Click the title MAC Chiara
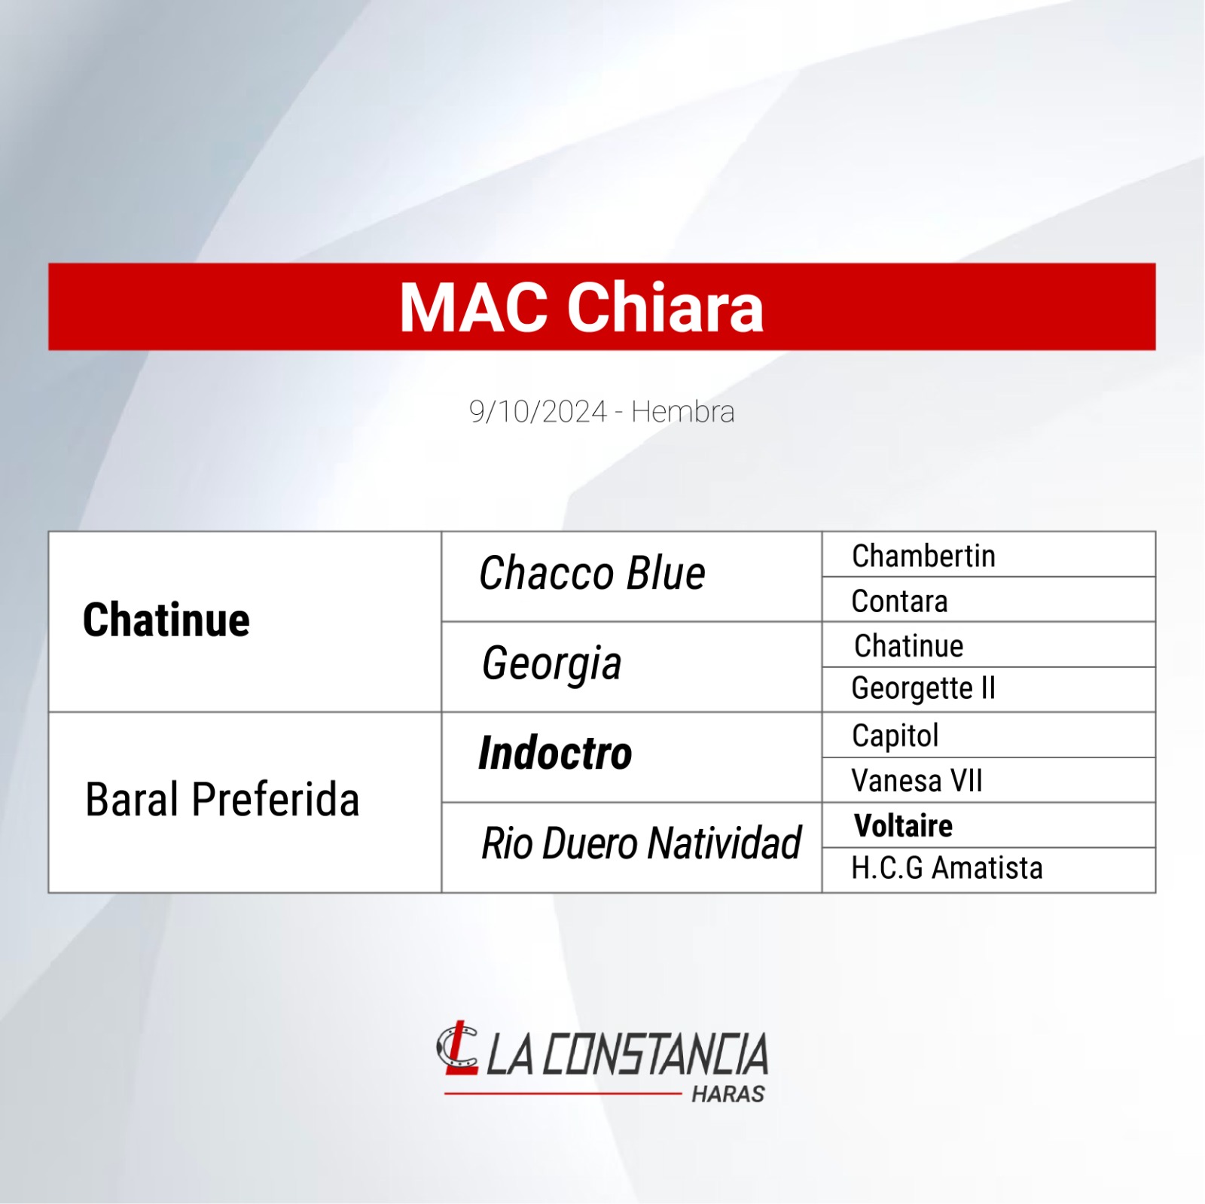click(x=581, y=307)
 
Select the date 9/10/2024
click(x=538, y=412)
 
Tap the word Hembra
click(x=682, y=412)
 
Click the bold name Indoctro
click(x=555, y=753)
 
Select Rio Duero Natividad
click(x=642, y=843)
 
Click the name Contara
click(x=899, y=601)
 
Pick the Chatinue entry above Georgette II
click(x=909, y=645)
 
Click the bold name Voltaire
click(x=903, y=826)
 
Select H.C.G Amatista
click(x=947, y=868)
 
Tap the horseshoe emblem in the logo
click(x=457, y=1047)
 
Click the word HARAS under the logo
click(x=728, y=1094)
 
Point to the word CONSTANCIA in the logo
click(x=655, y=1054)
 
